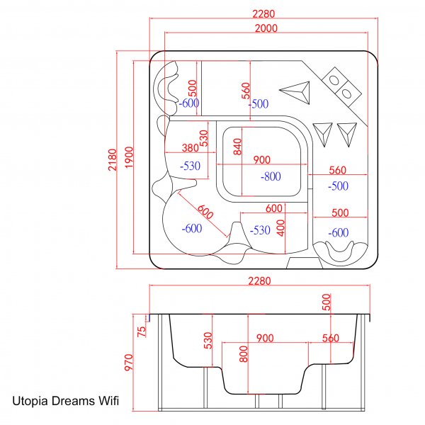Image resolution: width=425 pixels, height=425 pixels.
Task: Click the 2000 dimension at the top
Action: click(x=262, y=28)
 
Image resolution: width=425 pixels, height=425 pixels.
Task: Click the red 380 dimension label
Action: click(x=190, y=149)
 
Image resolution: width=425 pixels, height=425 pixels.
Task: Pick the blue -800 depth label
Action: click(x=270, y=176)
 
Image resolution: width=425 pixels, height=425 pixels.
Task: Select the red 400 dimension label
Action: click(x=280, y=227)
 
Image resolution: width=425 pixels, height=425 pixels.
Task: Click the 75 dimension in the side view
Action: click(x=141, y=329)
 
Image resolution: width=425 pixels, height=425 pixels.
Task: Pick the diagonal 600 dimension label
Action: click(x=205, y=211)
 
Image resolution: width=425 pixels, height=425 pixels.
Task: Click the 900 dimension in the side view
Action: click(x=265, y=339)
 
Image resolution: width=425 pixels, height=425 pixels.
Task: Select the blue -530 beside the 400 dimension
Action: click(x=260, y=230)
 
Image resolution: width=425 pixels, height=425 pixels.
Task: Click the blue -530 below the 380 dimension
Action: click(x=191, y=166)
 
